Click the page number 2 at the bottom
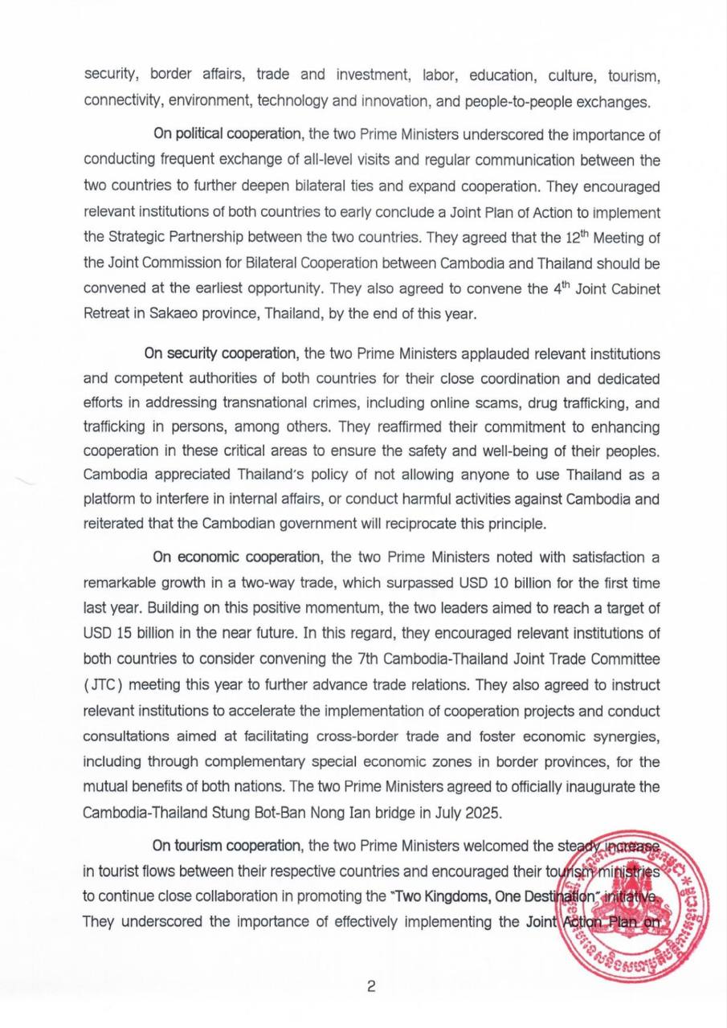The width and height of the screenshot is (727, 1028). (x=371, y=987)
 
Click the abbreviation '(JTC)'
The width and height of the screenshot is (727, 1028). (x=101, y=685)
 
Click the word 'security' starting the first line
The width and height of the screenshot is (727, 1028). (x=112, y=76)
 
